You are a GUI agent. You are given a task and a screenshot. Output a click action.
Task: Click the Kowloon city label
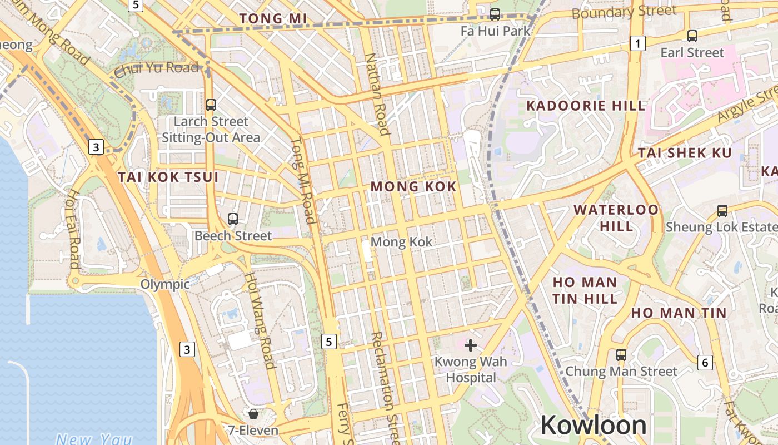(x=593, y=426)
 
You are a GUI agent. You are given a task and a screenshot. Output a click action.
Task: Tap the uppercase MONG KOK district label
(x=413, y=186)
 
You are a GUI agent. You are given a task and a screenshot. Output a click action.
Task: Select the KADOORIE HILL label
(x=586, y=106)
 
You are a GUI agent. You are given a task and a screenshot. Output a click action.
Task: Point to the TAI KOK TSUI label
(x=168, y=177)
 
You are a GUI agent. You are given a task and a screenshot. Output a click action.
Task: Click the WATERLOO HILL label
(x=616, y=217)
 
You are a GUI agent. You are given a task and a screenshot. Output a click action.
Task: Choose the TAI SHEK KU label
(x=685, y=152)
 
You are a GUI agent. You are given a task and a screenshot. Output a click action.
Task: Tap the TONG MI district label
(x=273, y=18)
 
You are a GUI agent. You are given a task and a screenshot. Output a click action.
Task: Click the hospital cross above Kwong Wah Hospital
(x=471, y=345)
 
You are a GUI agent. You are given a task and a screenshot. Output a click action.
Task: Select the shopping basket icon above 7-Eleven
(x=253, y=414)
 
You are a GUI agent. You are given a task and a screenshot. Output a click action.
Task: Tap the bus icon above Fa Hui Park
(x=495, y=14)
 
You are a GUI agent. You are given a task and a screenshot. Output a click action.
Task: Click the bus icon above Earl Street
(x=692, y=36)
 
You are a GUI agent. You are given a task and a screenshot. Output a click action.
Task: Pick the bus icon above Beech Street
(x=233, y=219)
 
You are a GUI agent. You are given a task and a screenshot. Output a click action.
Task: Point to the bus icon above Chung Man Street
(x=621, y=354)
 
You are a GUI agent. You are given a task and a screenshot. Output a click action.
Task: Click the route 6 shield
(x=705, y=363)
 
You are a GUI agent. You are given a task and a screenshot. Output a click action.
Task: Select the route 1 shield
(x=638, y=43)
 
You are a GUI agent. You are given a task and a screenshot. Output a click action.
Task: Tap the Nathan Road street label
(x=377, y=95)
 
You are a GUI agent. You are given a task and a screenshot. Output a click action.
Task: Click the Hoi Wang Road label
(x=261, y=320)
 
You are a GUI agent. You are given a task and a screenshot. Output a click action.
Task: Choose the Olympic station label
(x=164, y=284)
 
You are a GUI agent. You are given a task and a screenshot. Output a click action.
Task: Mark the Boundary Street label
(x=624, y=12)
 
